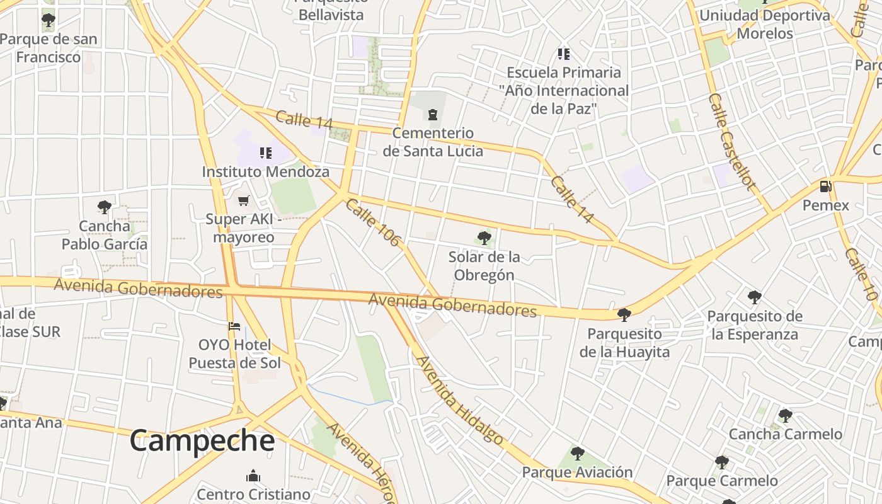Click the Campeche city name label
[x=202, y=441]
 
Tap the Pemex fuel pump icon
[x=825, y=186]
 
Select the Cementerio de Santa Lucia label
[x=433, y=142]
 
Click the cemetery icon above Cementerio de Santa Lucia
[x=433, y=114]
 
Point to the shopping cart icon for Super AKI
[x=243, y=200]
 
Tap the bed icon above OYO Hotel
[x=234, y=326]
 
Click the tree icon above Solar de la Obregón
[x=484, y=238]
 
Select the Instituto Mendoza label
[x=265, y=171]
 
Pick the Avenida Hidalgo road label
[x=459, y=400]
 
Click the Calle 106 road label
[x=373, y=222]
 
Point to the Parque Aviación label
[x=577, y=472]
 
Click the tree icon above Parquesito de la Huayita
[x=624, y=314]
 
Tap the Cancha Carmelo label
[x=785, y=434]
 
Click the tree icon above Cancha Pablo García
[x=105, y=207]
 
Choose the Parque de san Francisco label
[x=49, y=48]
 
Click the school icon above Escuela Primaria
[x=563, y=54]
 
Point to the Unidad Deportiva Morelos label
[x=765, y=24]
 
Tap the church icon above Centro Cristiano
[x=253, y=475]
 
